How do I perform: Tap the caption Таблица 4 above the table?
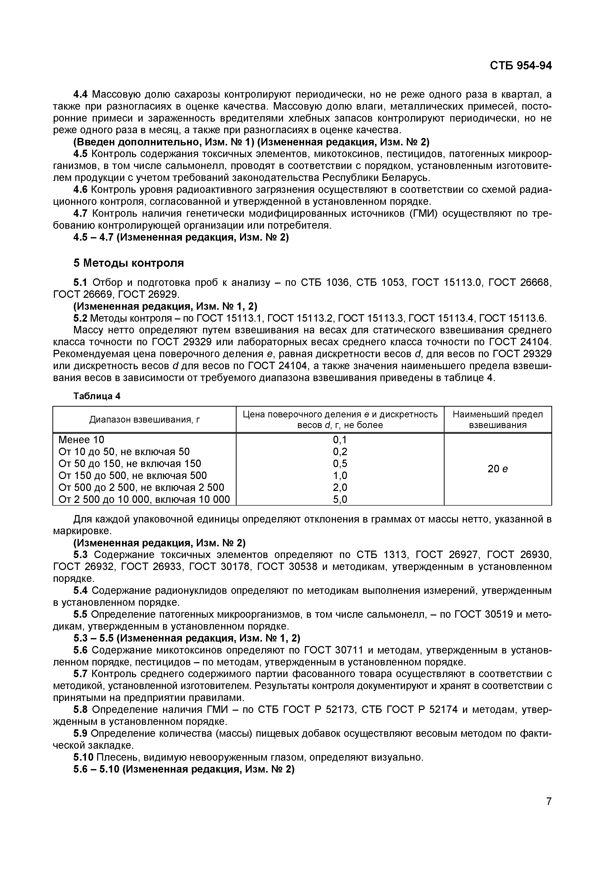coord(97,396)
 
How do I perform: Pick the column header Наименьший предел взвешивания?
coord(497,419)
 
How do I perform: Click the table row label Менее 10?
coord(81,440)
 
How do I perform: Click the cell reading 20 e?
coord(497,469)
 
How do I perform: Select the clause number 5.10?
coord(83,757)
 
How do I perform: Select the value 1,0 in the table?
coord(340,476)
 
